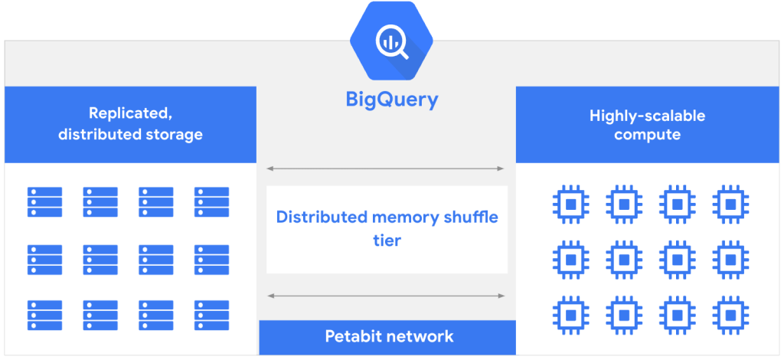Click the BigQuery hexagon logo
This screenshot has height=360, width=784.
pos(391,42)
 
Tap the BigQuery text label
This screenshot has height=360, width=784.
pos(391,100)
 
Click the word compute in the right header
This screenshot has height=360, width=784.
pos(647,135)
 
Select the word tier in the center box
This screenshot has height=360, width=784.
pos(387,241)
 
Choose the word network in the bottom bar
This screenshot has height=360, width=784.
pos(423,336)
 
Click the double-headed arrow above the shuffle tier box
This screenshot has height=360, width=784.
pos(386,169)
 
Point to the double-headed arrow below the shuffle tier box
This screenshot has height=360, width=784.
pos(386,296)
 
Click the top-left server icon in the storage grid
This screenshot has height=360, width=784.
pos(45,202)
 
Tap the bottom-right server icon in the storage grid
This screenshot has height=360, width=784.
pos(211,315)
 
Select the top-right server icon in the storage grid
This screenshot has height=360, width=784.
pos(211,202)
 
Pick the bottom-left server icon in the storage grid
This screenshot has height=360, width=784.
pos(45,315)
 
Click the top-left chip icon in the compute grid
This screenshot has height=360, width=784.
pos(570,203)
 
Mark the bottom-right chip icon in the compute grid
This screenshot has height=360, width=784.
pos(730,314)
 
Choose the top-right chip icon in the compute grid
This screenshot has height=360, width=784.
pos(730,203)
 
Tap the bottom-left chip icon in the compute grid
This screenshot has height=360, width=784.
pos(570,314)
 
